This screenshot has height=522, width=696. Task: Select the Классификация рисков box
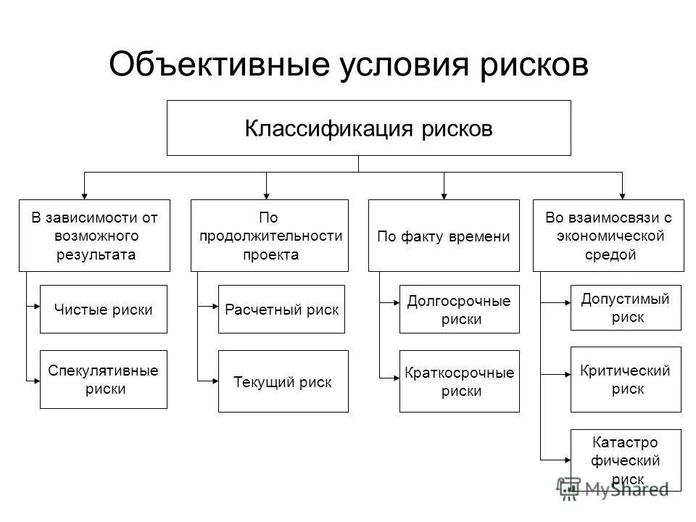(368, 128)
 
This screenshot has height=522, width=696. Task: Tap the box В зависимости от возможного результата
(94, 235)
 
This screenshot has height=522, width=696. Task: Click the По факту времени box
(444, 235)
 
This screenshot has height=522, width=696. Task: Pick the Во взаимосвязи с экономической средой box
(608, 235)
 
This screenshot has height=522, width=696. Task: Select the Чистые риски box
(103, 309)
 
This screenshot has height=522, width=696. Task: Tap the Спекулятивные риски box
(103, 379)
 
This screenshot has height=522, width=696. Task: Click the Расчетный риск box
(281, 309)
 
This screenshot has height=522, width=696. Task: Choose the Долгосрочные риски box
(460, 309)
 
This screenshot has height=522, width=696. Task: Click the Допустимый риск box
(626, 308)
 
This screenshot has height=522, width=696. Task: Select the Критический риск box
(626, 379)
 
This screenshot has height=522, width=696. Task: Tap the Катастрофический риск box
(626, 460)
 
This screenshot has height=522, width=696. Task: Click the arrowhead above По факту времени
(444, 194)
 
